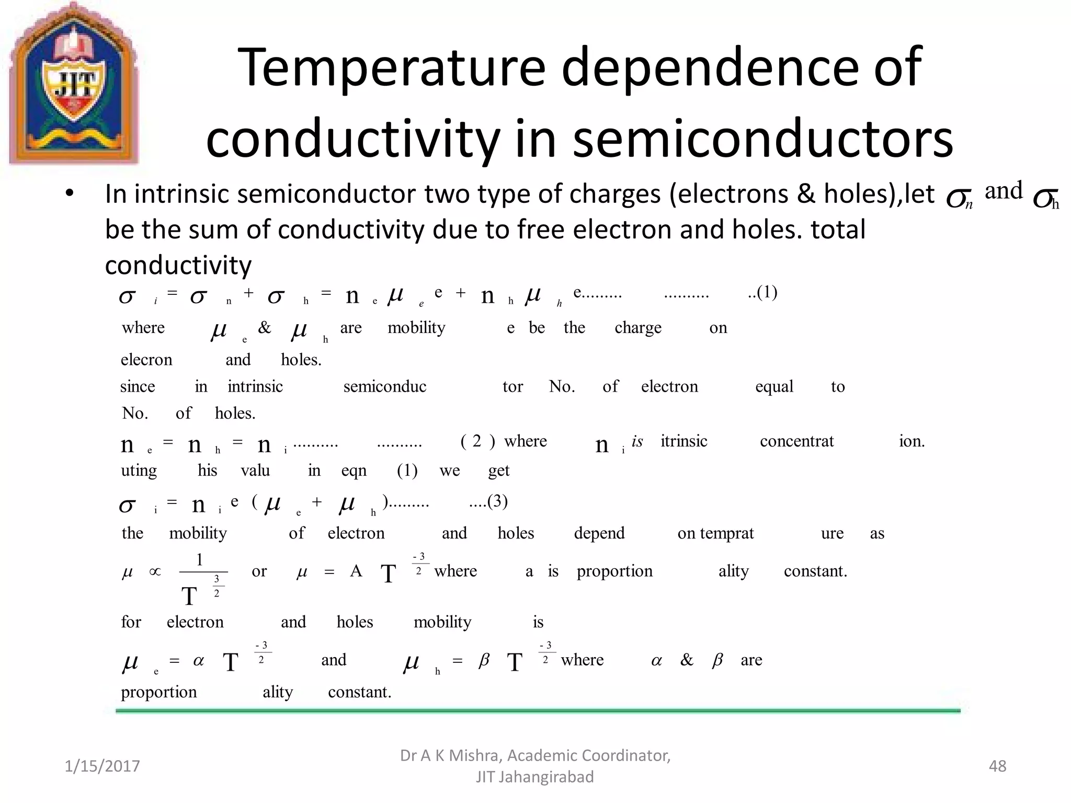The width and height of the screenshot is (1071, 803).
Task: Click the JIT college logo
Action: pos(74,84)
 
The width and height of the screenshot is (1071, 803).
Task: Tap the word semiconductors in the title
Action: pos(763,139)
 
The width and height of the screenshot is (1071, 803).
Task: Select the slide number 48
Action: pos(997,766)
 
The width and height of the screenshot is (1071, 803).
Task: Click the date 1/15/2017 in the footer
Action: pos(102,766)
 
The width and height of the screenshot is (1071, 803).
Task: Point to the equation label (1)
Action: pos(767,292)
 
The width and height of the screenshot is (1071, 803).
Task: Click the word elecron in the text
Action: pos(146,360)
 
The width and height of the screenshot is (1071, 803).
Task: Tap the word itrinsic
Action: pos(683,441)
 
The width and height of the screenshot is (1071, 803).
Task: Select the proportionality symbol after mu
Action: pos(155,571)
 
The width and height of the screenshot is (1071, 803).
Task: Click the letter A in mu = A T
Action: pos(356,571)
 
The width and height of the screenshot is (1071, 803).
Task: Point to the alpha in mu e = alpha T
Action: pos(198,661)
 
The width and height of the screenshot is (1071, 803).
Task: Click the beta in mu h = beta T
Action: pos(484,661)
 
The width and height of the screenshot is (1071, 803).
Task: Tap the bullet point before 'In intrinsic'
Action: pos(70,194)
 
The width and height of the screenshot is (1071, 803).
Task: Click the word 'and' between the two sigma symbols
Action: pos(1004,190)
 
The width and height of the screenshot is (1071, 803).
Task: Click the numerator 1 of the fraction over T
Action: pos(199,560)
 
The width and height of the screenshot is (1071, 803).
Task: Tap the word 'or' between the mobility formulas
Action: pos(259,571)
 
